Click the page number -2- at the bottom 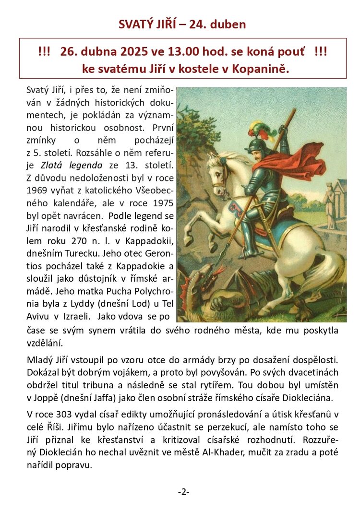click(x=183, y=492)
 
